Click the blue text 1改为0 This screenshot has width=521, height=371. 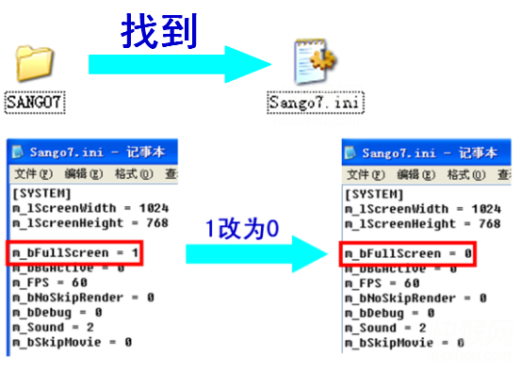(x=243, y=226)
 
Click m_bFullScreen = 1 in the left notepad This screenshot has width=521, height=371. (x=76, y=253)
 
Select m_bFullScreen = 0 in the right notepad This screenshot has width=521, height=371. (x=408, y=253)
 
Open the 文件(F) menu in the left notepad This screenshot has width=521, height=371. (x=32, y=175)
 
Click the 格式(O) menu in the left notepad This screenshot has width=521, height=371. (x=133, y=175)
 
